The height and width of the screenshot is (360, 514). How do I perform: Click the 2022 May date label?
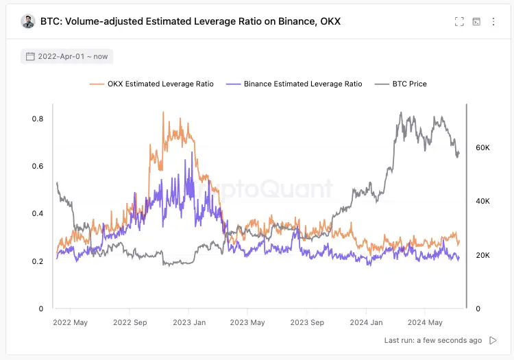pos(71,322)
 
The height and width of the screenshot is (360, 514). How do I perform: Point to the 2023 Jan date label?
pos(189,322)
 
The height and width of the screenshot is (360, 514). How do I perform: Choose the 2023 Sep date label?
pos(307,322)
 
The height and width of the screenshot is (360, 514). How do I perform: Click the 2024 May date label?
pos(425,322)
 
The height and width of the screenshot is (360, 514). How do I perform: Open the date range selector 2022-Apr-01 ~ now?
pos(67,56)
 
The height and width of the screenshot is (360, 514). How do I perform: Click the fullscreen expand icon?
pos(459,21)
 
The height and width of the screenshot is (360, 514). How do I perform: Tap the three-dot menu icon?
pos(493,21)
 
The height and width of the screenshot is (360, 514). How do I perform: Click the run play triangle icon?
pos(493,340)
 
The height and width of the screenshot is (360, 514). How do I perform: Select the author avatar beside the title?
pos(28,21)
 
